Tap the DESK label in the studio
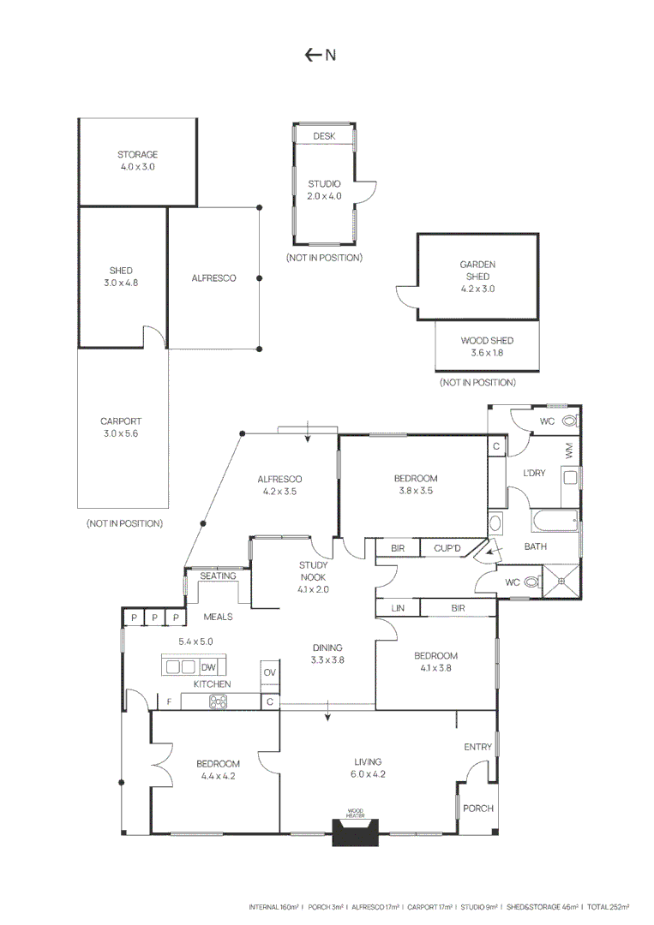(324, 136)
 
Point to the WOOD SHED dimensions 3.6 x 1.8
(487, 353)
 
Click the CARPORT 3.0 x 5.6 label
(120, 427)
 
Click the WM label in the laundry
(569, 448)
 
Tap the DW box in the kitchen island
(208, 667)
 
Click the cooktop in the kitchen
(218, 702)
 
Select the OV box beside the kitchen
(270, 673)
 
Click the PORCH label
(477, 809)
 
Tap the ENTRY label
(478, 747)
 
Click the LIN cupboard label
(397, 607)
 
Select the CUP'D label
(448, 548)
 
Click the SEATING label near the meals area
(219, 576)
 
